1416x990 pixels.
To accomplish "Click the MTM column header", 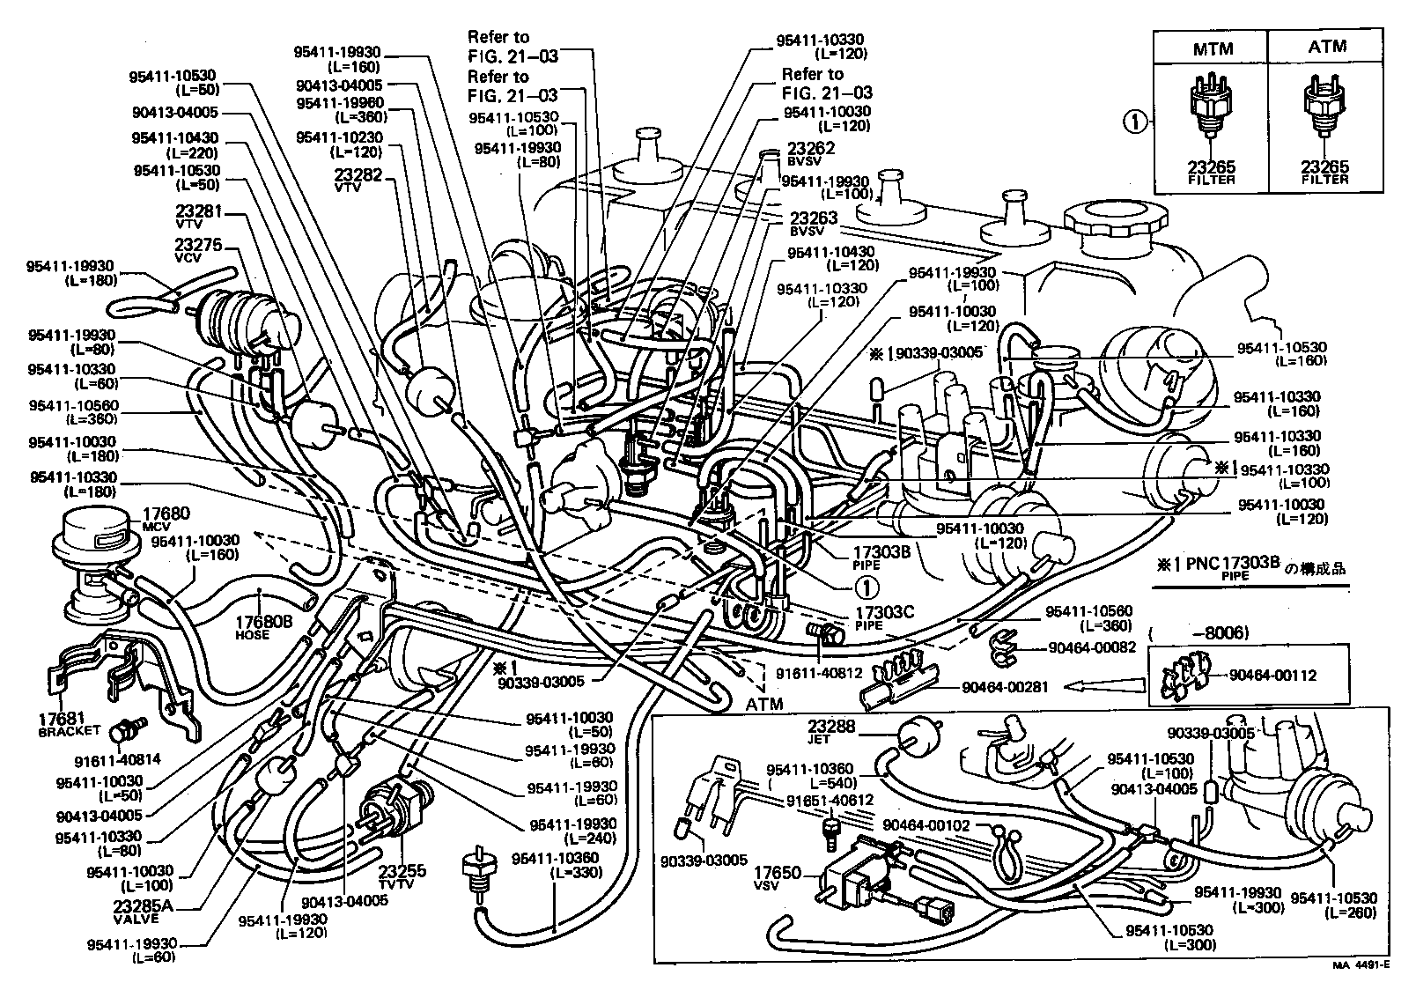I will coord(1213,48).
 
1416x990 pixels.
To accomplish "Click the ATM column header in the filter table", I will coord(1326,46).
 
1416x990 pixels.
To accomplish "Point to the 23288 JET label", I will coord(832,732).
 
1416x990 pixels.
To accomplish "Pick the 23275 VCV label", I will coord(198,249).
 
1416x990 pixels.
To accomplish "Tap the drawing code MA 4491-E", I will coord(1361,965).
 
